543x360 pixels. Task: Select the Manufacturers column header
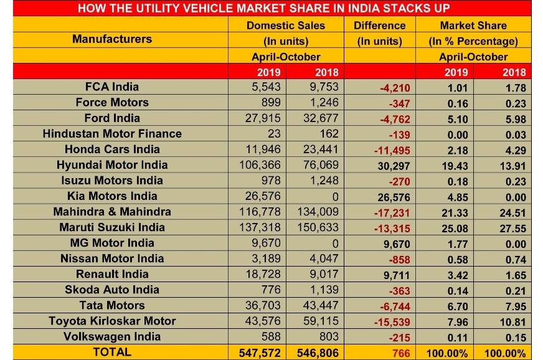[112, 39]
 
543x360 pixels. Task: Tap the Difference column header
[379, 26]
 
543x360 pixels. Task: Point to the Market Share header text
[473, 26]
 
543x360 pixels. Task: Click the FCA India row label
[112, 87]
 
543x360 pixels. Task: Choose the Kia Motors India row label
[112, 196]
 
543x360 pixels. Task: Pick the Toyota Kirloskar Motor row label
[112, 321]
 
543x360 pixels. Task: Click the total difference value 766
[400, 353]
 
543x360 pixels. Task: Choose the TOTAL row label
[112, 352]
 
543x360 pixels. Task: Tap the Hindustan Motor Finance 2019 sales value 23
[273, 133]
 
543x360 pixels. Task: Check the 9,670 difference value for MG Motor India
[395, 244]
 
